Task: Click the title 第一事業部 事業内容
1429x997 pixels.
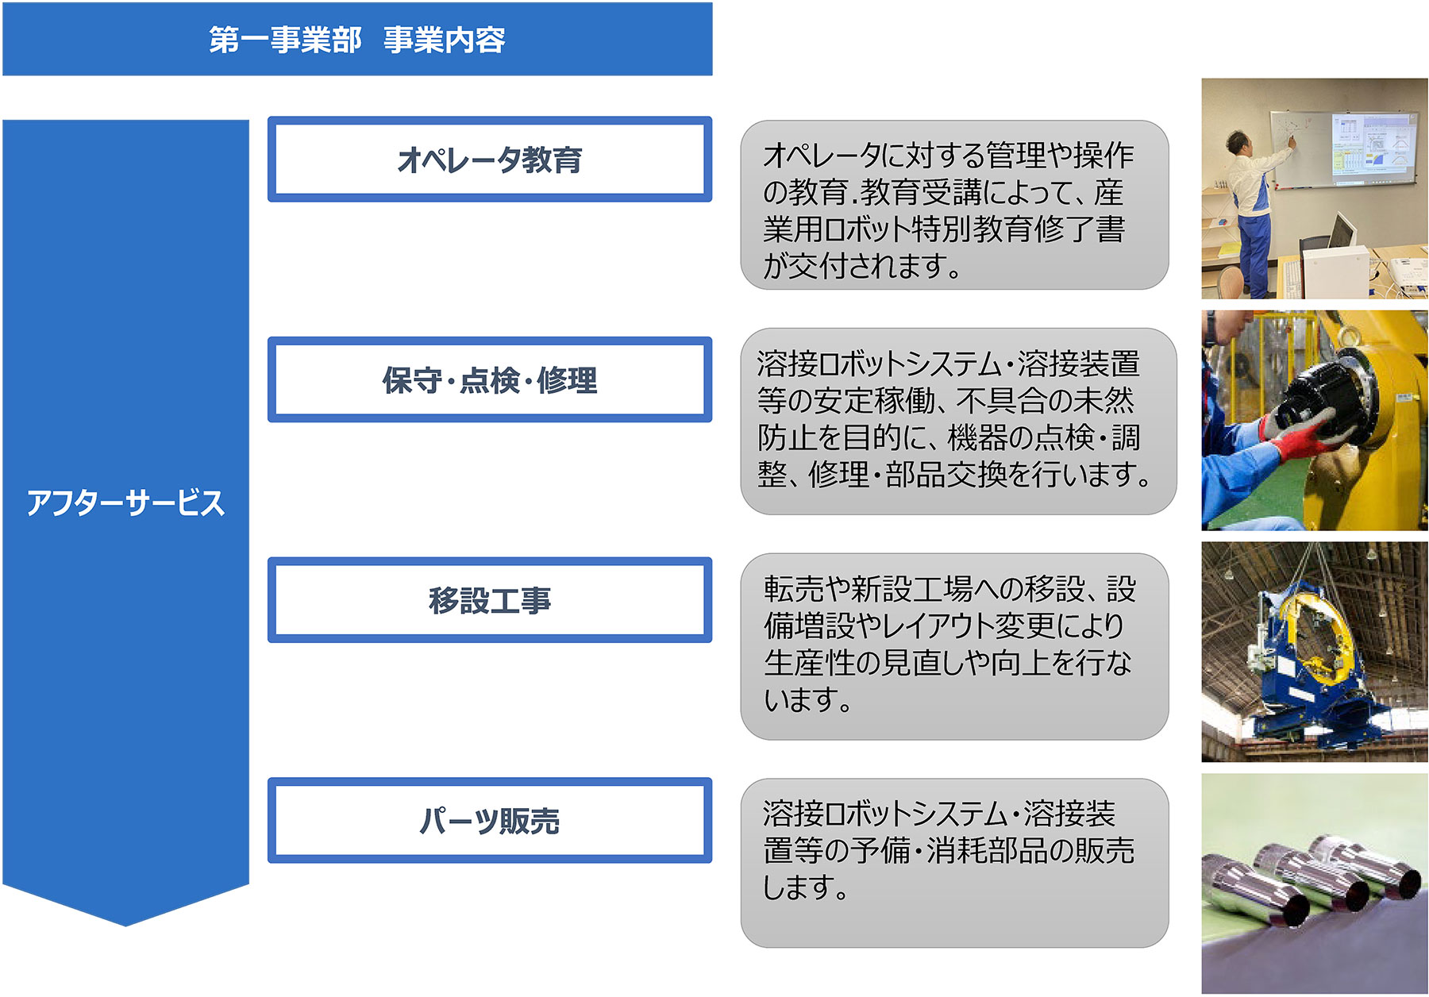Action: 357,40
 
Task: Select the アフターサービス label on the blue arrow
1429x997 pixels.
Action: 125,503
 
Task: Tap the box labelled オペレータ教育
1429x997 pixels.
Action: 490,160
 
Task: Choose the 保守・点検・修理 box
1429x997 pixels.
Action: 490,379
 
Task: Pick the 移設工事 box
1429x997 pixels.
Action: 490,600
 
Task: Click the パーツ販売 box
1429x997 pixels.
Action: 490,821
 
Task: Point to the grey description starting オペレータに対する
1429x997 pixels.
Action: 954,205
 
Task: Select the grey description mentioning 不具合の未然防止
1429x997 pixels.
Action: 958,422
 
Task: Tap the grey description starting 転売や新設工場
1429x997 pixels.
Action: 954,647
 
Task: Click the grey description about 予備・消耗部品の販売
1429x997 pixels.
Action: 954,863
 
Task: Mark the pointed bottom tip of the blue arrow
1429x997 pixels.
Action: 125,926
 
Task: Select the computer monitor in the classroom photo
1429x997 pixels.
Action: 1342,234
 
